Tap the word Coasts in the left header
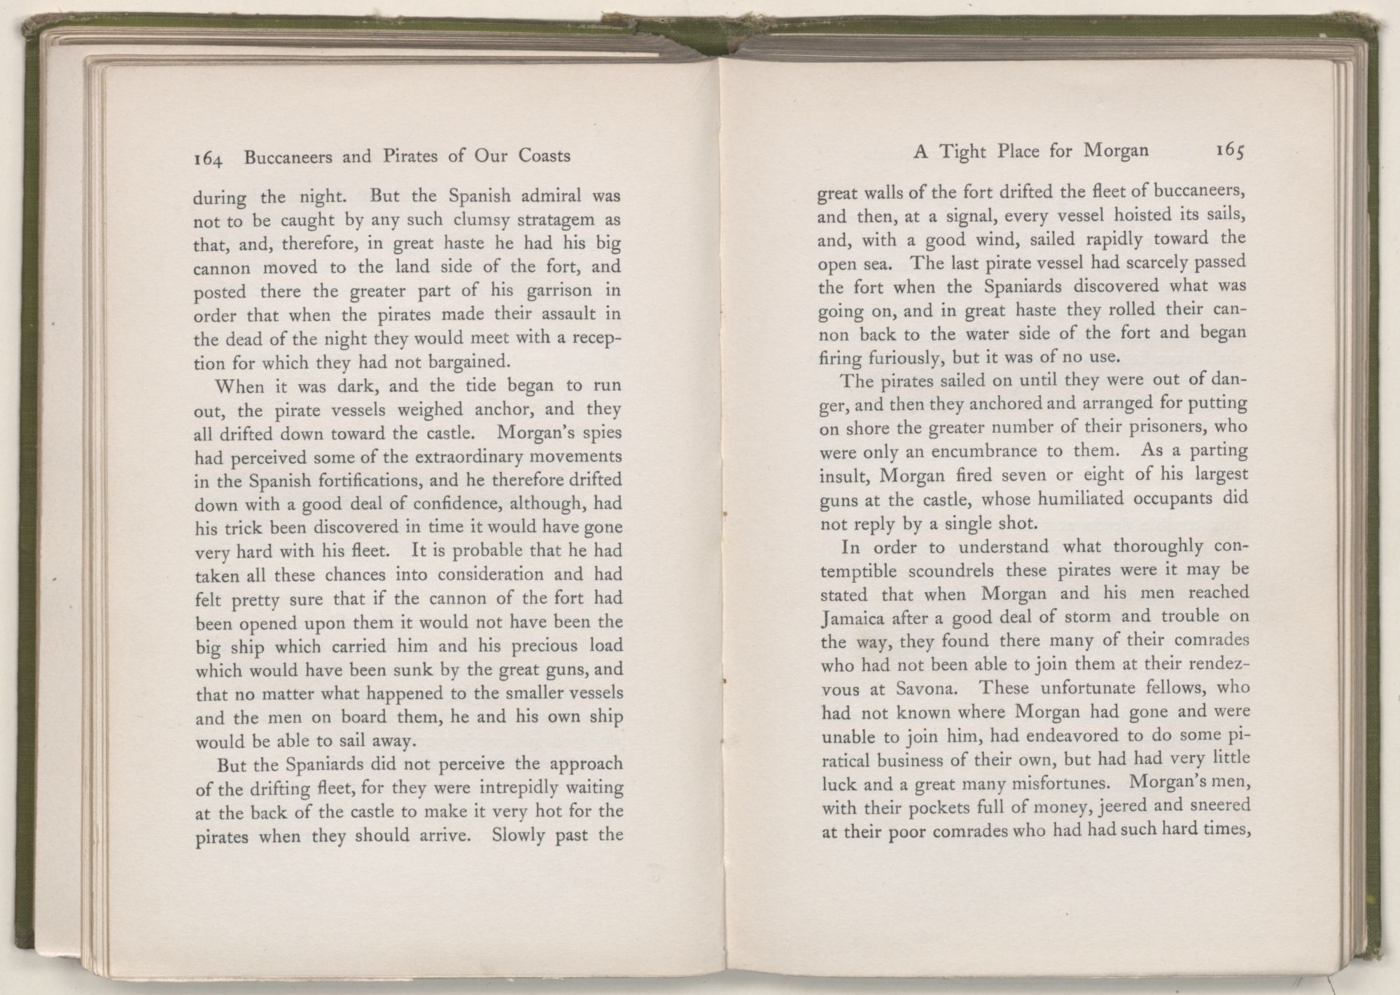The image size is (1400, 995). [545, 155]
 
